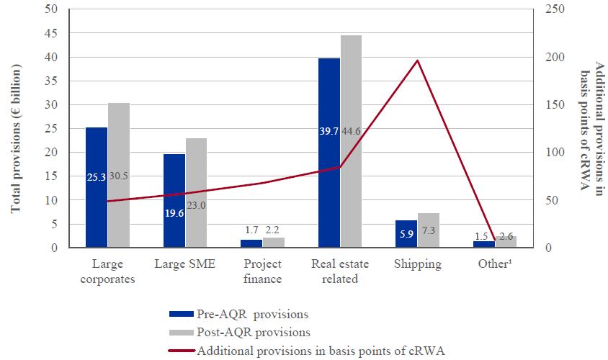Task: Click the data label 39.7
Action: (328, 131)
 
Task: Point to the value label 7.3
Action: (428, 231)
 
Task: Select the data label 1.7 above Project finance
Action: (251, 230)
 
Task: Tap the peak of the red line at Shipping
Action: (417, 60)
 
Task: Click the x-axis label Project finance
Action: (262, 271)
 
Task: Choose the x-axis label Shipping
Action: (418, 264)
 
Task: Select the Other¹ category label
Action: (496, 264)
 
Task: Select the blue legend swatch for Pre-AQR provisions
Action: (181, 314)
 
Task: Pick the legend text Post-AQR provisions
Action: (254, 332)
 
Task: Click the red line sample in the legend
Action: (181, 350)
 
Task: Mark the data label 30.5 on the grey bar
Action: (119, 176)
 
